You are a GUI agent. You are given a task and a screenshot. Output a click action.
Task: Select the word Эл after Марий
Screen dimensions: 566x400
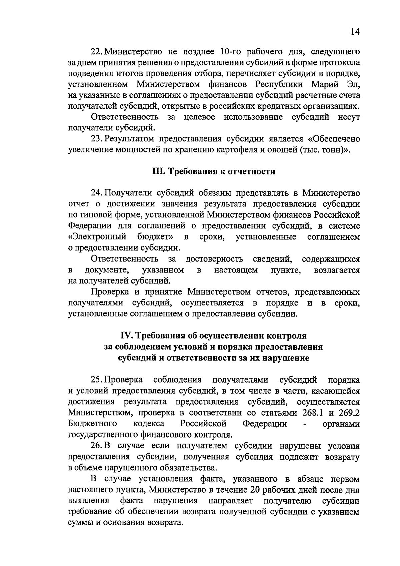tap(354, 84)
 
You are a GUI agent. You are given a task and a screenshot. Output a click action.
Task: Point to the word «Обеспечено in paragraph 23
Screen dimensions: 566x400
tap(335, 139)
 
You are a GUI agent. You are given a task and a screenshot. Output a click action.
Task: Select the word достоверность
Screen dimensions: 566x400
tap(214, 259)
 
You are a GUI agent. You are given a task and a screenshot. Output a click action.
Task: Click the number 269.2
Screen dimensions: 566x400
tap(349, 413)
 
